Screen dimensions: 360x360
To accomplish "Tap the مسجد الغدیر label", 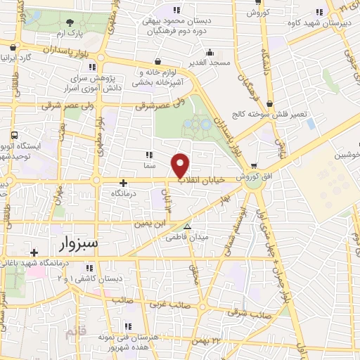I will pos(210,63).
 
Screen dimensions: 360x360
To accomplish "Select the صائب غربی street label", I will pos(167,305).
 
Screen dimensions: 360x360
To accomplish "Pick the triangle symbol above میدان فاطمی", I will pos(187,226).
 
